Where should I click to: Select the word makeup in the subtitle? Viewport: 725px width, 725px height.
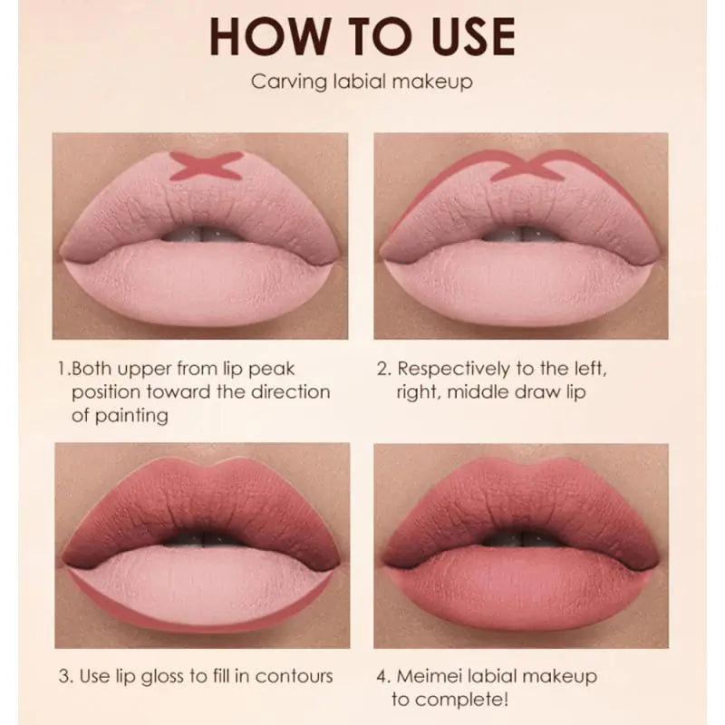(437, 83)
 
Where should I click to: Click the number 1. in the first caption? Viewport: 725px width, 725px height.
(63, 369)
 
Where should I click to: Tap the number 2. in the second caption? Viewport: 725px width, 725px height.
(382, 369)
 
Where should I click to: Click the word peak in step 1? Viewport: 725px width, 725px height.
(274, 370)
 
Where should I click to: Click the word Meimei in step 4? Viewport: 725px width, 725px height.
(432, 676)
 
